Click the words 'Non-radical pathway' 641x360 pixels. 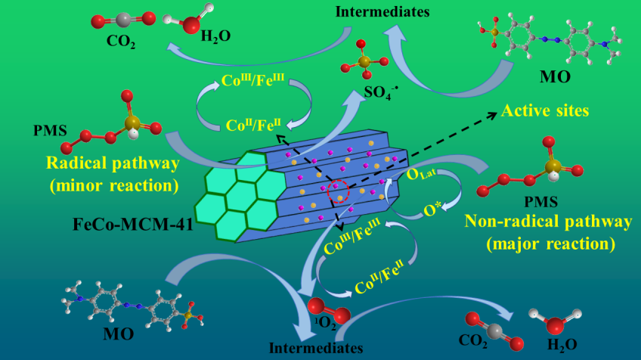coord(548,222)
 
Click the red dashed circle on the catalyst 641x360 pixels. coord(339,193)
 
